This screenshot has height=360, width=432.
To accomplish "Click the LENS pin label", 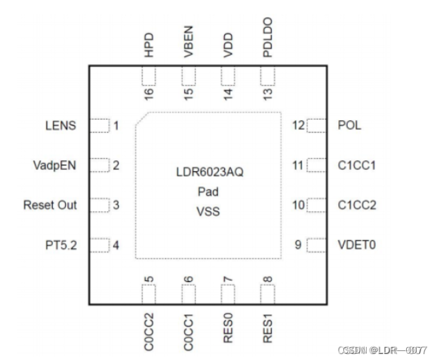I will pyautogui.click(x=61, y=125).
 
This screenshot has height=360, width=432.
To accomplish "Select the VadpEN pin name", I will pyautogui.click(x=54, y=165).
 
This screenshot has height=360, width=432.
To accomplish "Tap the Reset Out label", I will pyautogui.click(x=50, y=205).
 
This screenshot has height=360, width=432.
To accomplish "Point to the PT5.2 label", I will pyautogui.click(x=59, y=245).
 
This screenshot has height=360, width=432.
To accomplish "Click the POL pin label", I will pyautogui.click(x=349, y=125).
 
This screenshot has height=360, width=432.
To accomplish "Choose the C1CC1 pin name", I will pyautogui.click(x=356, y=165).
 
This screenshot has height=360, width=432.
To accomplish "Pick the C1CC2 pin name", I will pyautogui.click(x=356, y=205).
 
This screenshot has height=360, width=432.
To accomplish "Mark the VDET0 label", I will pyautogui.click(x=356, y=245).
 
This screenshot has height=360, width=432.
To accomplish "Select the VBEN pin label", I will pyautogui.click(x=189, y=47).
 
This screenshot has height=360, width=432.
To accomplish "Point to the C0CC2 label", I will pyautogui.click(x=149, y=329).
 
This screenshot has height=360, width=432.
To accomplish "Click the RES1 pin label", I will pyautogui.click(x=268, y=327).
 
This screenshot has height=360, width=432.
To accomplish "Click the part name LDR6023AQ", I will pyautogui.click(x=208, y=173).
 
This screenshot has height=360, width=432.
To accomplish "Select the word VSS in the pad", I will pyautogui.click(x=208, y=211).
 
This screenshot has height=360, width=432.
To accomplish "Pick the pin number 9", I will pyautogui.click(x=297, y=245).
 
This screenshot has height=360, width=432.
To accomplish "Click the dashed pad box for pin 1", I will pyautogui.click(x=98, y=125).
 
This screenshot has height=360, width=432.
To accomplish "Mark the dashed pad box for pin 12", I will pyautogui.click(x=316, y=125).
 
